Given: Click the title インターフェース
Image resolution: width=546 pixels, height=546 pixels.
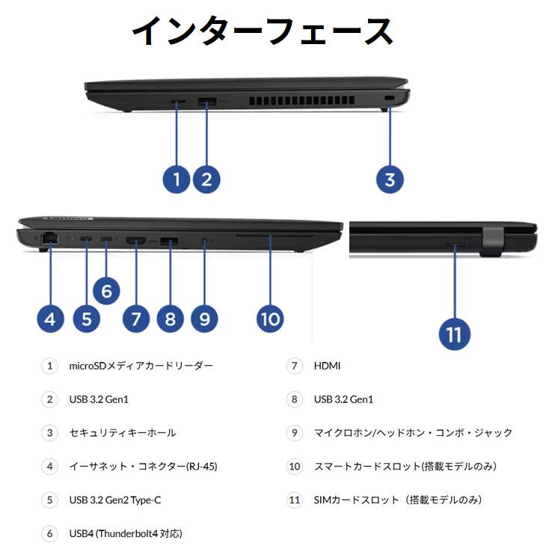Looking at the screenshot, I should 263,31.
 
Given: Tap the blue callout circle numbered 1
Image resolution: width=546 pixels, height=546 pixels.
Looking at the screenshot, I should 177,179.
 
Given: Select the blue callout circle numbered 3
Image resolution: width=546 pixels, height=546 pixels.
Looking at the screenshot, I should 390,179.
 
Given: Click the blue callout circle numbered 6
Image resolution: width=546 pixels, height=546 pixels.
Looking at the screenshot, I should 106,290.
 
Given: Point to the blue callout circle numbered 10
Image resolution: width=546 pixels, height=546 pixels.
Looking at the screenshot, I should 270,319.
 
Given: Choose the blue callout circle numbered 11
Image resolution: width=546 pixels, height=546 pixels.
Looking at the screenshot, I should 454,334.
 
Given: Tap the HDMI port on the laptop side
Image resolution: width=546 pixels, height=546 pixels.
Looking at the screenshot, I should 136,240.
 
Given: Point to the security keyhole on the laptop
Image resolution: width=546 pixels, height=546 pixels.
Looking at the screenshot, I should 387,99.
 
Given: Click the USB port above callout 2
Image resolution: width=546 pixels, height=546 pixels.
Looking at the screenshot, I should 207,99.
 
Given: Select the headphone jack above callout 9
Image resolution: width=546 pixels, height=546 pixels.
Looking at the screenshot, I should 204,240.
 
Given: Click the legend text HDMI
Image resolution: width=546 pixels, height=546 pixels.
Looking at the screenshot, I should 327,366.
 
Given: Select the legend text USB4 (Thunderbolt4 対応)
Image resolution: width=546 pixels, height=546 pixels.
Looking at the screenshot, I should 125,533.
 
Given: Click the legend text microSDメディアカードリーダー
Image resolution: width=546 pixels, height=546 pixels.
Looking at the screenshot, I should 141,366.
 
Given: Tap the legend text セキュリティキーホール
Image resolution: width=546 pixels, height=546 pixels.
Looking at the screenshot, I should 122,433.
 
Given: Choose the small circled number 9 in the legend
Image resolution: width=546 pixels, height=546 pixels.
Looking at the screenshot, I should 295,433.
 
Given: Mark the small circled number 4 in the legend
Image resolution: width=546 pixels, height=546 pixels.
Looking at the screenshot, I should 49,467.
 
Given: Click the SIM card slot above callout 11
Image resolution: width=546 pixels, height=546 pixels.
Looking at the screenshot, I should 455,244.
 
